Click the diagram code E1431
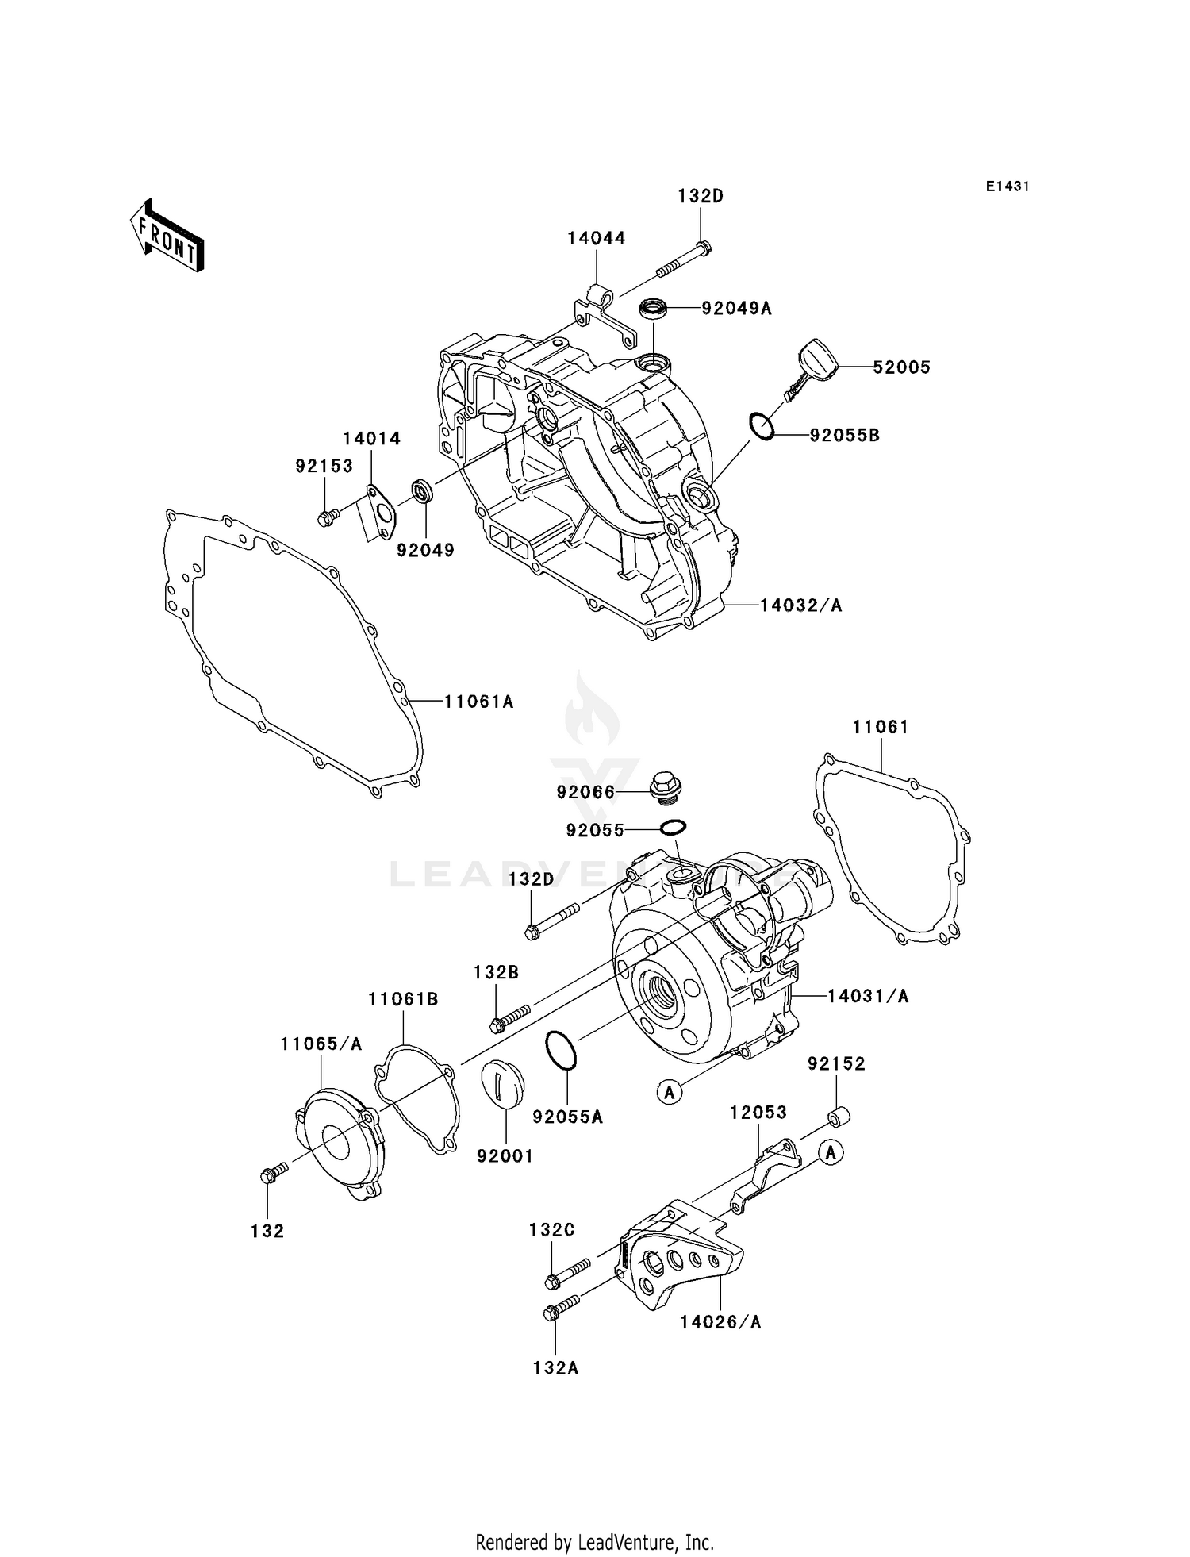tap(1008, 186)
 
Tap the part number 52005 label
tap(901, 367)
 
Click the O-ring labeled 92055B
tap(761, 426)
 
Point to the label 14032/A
tap(800, 605)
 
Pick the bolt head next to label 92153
tap(325, 519)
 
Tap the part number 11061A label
tap(478, 702)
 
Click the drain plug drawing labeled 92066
tap(663, 786)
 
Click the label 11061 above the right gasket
tap(881, 727)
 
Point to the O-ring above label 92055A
tap(560, 1051)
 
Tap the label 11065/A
tap(321, 1044)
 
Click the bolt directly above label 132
tap(271, 1174)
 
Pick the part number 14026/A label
tap(720, 1322)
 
